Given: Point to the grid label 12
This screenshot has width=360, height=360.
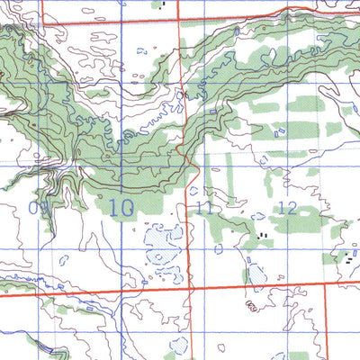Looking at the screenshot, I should coord(287,208).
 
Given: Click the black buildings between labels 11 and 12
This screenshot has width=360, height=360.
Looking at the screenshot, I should coord(263,235).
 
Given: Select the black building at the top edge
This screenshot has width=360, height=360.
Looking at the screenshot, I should coord(164,3).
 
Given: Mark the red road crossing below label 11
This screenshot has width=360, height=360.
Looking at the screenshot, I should coord(191,286).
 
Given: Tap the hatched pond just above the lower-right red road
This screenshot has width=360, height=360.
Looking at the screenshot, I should coord(257,272).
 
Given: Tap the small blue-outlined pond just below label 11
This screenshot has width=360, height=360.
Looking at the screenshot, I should coord(216,247).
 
